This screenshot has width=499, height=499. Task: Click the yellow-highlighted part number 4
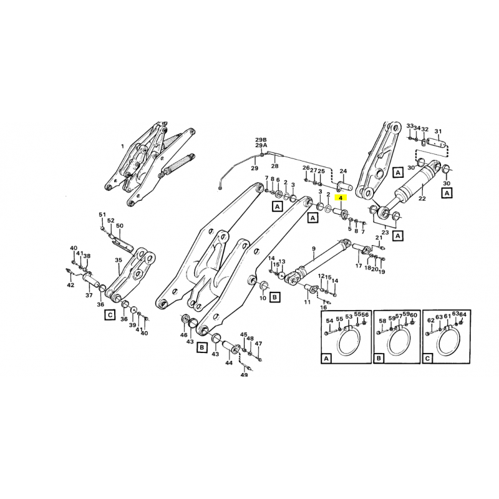click(x=341, y=198)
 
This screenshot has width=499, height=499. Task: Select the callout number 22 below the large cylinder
click(x=422, y=199)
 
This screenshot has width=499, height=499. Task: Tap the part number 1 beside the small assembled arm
click(x=123, y=147)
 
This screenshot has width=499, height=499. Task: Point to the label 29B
click(x=260, y=139)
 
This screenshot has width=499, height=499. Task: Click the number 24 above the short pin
click(x=343, y=171)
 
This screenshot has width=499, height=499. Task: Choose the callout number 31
click(x=438, y=132)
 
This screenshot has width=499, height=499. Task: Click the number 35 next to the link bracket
click(x=118, y=260)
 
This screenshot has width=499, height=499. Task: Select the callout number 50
click(x=120, y=226)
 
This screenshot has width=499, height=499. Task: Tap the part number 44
click(x=229, y=363)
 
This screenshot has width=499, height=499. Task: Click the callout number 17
click(x=359, y=266)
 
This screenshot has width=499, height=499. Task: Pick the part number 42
click(x=70, y=285)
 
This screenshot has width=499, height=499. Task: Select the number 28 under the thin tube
click(x=274, y=167)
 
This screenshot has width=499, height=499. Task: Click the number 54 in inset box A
click(x=329, y=320)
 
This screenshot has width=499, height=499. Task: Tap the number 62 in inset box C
click(x=430, y=320)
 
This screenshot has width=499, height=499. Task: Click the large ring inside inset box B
click(x=397, y=342)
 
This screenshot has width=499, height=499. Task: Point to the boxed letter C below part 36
click(x=109, y=315)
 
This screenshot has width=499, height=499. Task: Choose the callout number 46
click(x=183, y=335)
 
